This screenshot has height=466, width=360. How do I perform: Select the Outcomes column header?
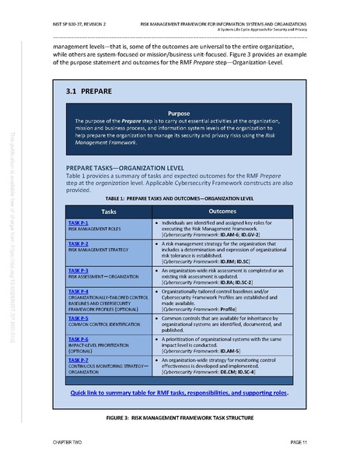pyautogui.click(x=222, y=211)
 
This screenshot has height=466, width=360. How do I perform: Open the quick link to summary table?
pyautogui.click(x=178, y=393)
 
